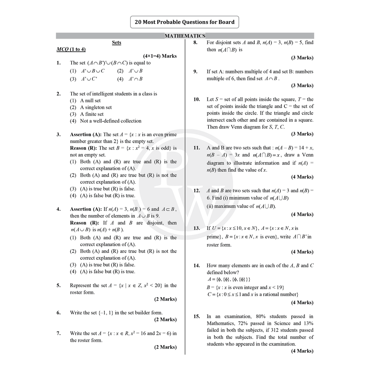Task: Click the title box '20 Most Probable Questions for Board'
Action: tap(185, 22)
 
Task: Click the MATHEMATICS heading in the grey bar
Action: tap(185, 36)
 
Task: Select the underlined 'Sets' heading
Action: tap(116, 43)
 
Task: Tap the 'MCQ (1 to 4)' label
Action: tap(71, 49)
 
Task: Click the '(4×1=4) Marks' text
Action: tap(160, 56)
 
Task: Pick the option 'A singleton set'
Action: tap(96, 107)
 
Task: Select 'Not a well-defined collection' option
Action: tap(111, 121)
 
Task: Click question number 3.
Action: tap(59, 135)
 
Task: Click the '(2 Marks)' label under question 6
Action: tap(165, 319)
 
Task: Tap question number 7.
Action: tap(59, 334)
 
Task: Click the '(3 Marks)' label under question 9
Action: tap(302, 86)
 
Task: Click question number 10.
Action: tap(197, 99)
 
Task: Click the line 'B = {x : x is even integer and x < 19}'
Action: tap(245, 288)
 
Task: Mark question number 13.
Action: tap(197, 228)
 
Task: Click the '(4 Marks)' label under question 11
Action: tap(302, 177)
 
